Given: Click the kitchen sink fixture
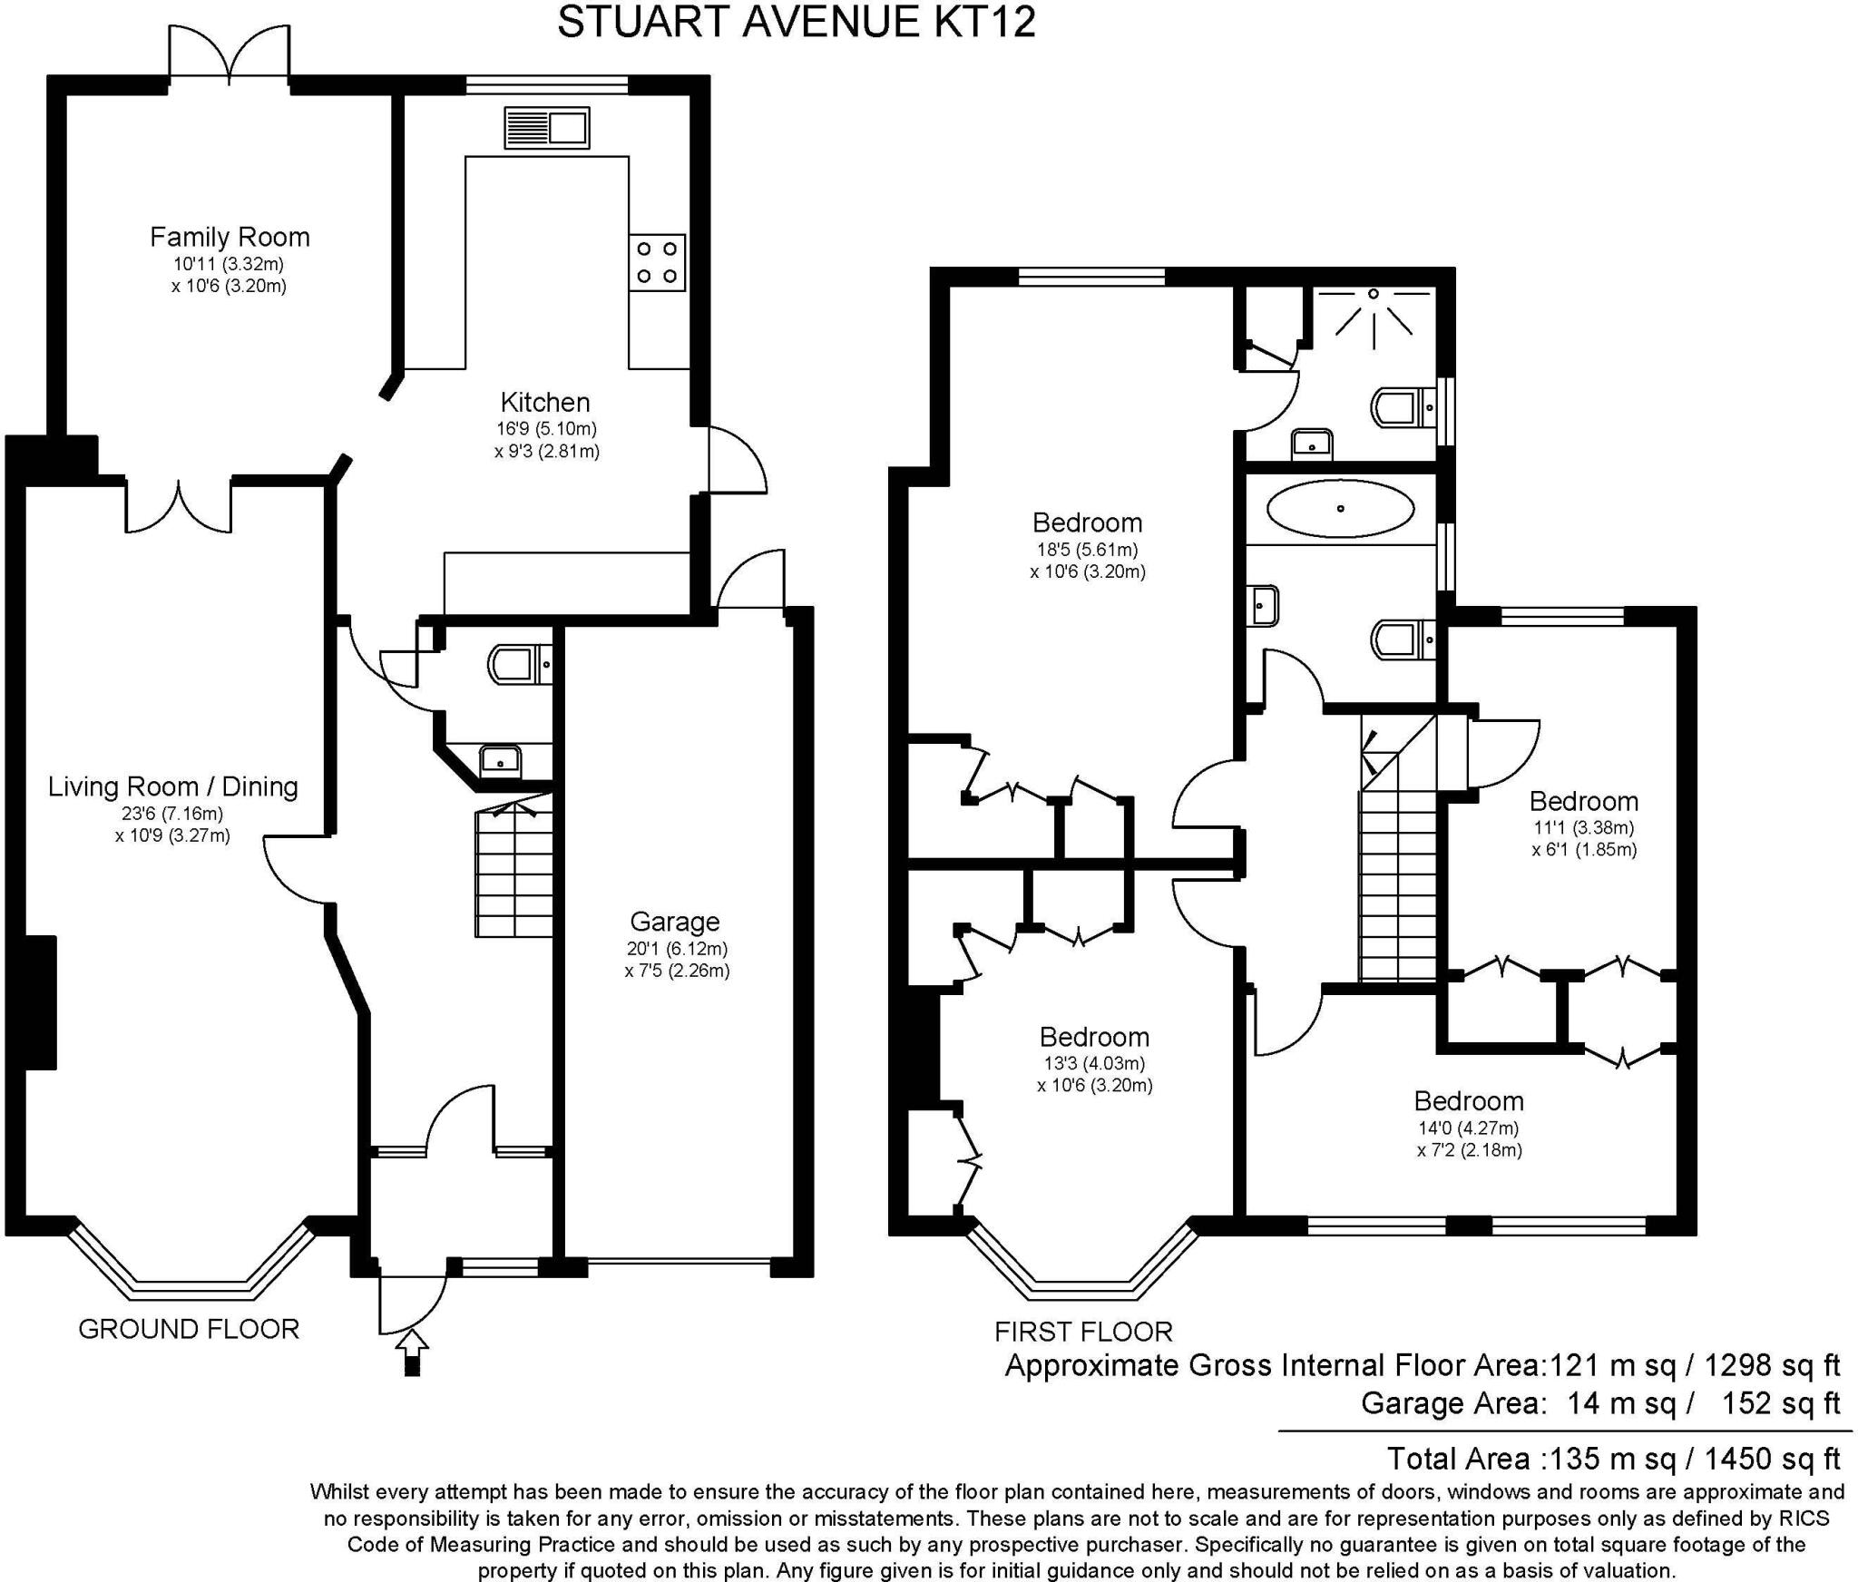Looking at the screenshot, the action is pos(547,128).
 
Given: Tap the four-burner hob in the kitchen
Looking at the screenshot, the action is pos(657,262).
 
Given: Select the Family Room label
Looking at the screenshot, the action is pos(230,238).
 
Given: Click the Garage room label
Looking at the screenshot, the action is pos(675,922).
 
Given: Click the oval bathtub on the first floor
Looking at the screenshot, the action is pos(1340,509).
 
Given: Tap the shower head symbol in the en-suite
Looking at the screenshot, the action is pos(1374,317).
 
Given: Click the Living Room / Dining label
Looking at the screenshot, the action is pos(173,786).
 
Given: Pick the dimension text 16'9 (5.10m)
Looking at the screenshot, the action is pos(546,428).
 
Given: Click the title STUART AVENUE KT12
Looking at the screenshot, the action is pos(797,22).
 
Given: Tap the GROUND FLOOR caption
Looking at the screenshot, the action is pos(189,1330).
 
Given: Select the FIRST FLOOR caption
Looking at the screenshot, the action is pos(1083,1332).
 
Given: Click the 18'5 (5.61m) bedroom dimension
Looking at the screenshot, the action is pos(1088,550).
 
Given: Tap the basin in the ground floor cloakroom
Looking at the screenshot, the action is pos(500,759).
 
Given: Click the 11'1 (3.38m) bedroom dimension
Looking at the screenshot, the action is pos(1584,827).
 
